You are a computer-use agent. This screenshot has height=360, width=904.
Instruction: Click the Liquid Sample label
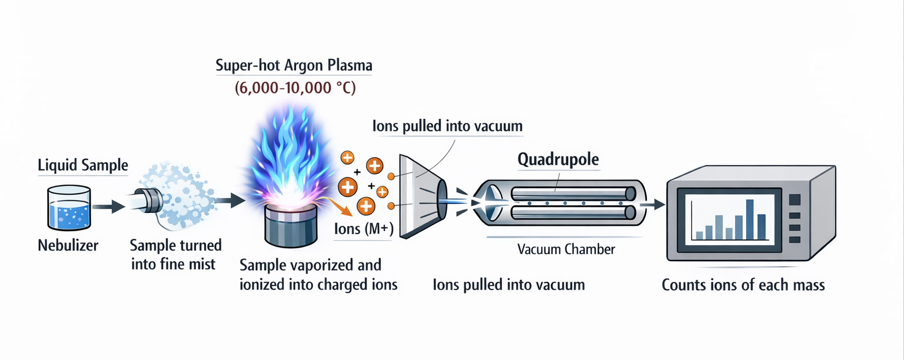pos(82,165)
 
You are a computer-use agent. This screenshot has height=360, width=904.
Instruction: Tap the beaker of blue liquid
pos(68,208)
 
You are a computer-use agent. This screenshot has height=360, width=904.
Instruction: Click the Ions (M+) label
pos(363,229)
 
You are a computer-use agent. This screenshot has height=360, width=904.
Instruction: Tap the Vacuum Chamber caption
pos(566,249)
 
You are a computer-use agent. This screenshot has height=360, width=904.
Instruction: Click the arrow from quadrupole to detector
pos(652,204)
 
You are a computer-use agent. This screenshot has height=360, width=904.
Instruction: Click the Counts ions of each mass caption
pos(743,285)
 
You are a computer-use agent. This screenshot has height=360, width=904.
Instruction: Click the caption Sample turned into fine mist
pos(175,254)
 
